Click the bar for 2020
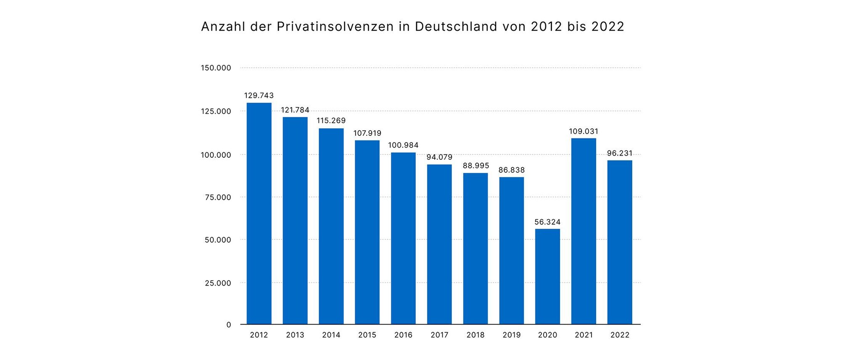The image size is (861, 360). pos(547,277)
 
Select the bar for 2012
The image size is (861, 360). pos(259,214)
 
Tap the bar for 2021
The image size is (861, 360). pos(584,231)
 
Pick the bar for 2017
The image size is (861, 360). pos(439,244)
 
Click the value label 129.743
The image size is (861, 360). pos(259,95)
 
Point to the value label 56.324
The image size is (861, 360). pos(547,222)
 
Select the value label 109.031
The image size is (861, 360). pos(584,131)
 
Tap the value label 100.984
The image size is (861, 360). pos(403,145)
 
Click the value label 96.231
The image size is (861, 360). pos(620,153)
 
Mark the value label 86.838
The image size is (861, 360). pos(512,170)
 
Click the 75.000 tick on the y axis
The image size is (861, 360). pos(218,197)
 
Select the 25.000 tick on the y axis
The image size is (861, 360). pos(218,283)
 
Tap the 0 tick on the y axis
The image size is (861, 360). pos(229,325)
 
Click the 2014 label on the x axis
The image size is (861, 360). pos(331,335)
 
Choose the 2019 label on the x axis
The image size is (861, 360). pos(512,335)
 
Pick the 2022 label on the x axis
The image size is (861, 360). pos(620,335)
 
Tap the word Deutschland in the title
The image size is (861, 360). pos(456,26)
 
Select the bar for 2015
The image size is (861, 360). pos(367,232)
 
